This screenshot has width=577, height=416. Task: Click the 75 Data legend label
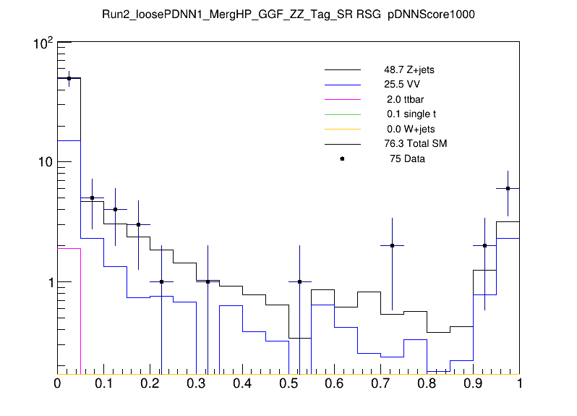406,158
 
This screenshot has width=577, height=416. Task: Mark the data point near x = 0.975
508,188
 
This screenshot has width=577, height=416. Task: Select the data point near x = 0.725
393,246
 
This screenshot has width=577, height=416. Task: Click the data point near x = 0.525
300,282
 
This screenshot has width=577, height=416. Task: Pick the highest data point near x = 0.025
69,78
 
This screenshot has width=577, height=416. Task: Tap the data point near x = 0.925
485,246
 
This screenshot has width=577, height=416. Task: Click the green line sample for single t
342,114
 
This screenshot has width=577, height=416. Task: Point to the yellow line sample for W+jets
342,129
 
